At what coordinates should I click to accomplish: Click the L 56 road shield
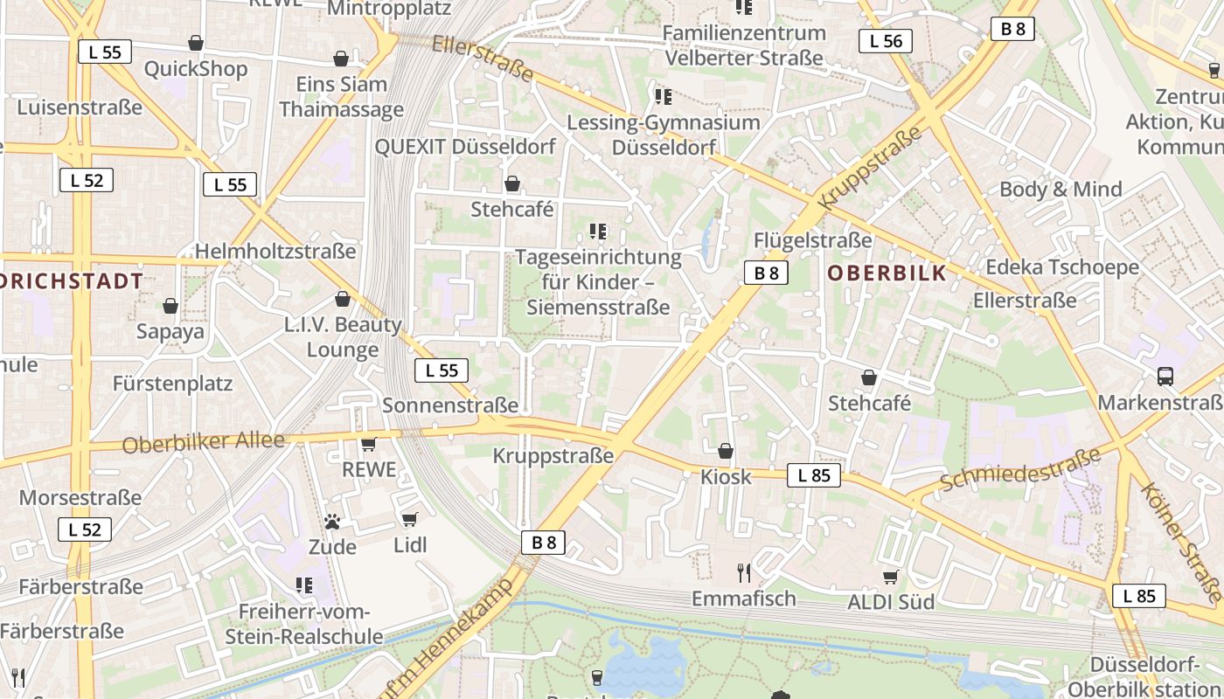(886, 41)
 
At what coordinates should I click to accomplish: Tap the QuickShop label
(196, 69)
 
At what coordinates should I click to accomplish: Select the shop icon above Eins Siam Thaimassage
(341, 59)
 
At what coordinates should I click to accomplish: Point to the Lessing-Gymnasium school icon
(664, 96)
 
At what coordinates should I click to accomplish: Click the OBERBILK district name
(887, 273)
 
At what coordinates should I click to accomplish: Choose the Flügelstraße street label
(813, 239)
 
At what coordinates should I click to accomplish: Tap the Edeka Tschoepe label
(1062, 267)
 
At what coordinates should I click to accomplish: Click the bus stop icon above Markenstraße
(1165, 377)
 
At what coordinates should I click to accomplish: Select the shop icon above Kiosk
(726, 451)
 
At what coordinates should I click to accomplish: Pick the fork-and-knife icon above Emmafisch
(744, 572)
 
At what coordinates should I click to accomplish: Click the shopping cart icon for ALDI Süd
(891, 577)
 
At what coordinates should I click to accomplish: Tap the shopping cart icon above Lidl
(410, 520)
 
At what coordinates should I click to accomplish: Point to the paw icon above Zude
(332, 522)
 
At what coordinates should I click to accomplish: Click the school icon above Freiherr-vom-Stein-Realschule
(304, 585)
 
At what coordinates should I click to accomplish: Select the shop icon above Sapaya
(170, 306)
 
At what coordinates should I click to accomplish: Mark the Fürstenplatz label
(172, 384)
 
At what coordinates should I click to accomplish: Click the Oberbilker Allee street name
(204, 442)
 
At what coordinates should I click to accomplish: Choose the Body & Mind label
(1061, 190)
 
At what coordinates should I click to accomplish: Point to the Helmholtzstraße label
(275, 252)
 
